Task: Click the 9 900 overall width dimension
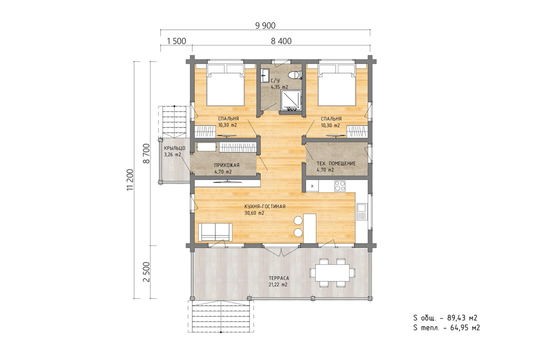tap(265, 26)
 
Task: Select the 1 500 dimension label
tap(176, 41)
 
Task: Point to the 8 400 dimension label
tap(281, 41)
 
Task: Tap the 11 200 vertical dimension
tap(130, 180)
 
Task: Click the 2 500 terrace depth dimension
tap(147, 272)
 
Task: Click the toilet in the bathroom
tap(295, 75)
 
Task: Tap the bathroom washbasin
tap(265, 75)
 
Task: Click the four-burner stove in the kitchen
tap(340, 186)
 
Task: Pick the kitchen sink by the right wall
tap(362, 211)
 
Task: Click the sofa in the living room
tap(215, 232)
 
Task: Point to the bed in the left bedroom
tap(225, 85)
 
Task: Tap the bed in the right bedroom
tap(337, 85)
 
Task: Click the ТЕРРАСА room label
tap(279, 278)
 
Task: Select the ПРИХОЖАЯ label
tap(227, 165)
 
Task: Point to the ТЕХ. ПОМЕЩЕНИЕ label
tap(336, 163)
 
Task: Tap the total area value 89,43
tap(457, 318)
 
